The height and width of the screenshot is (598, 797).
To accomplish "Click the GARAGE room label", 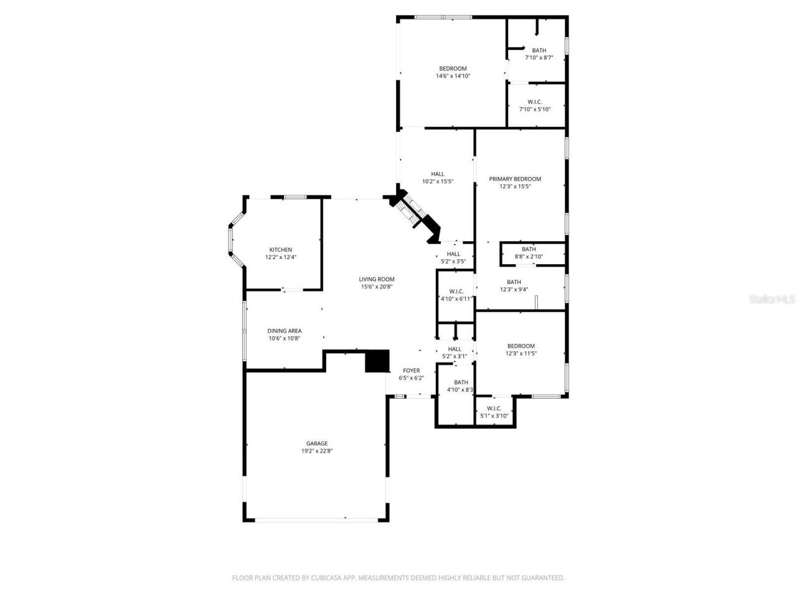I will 316,444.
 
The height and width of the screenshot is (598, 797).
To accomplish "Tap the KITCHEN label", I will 280,250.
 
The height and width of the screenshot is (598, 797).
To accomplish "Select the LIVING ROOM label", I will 376,279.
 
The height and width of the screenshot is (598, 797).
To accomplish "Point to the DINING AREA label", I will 285,331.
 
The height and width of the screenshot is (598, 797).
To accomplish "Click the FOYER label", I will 411,371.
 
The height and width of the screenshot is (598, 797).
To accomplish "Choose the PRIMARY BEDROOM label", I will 514,179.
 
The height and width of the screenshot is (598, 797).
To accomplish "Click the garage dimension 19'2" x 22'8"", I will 316,451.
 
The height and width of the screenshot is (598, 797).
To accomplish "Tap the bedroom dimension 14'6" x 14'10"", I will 453,76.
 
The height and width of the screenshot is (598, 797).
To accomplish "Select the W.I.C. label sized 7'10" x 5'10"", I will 534,102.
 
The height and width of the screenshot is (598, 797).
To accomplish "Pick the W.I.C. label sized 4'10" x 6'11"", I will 456,291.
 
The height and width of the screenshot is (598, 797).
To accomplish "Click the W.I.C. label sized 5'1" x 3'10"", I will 494,408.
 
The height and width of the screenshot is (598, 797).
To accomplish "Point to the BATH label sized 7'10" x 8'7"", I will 539,50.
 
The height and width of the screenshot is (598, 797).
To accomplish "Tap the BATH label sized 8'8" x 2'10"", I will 529,249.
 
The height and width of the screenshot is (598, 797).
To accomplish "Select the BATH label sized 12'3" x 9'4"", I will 514,282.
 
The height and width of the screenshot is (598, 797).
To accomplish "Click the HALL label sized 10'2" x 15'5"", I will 438,174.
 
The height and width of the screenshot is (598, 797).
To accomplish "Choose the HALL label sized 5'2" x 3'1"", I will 455,349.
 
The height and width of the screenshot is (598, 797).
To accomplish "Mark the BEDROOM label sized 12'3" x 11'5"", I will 521,346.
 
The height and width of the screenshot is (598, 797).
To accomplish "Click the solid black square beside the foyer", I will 377,361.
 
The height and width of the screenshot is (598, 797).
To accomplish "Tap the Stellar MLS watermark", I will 772,300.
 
